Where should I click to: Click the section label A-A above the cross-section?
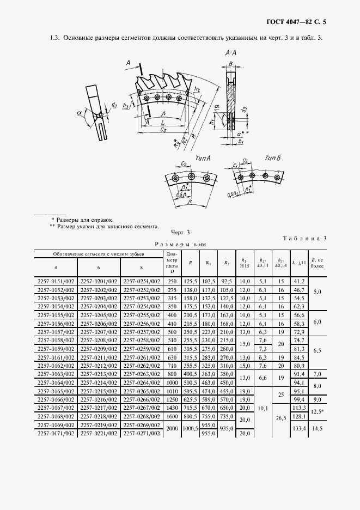click(x=230, y=53)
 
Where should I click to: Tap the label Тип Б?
click(x=273, y=157)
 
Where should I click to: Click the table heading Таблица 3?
click(x=306, y=238)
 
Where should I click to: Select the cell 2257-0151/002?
click(x=56, y=281)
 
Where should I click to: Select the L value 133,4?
click(x=298, y=429)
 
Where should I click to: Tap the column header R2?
click(x=226, y=263)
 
